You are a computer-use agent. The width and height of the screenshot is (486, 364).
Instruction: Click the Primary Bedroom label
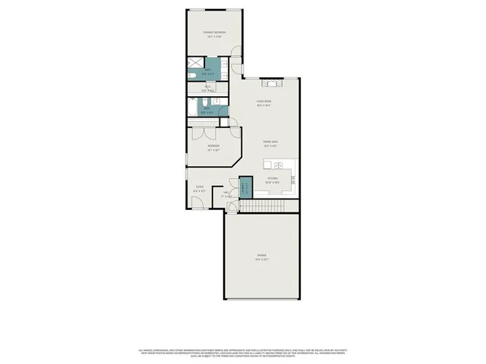(214, 33)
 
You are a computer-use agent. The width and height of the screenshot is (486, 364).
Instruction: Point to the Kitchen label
(273, 181)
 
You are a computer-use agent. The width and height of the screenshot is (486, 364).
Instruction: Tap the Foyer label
(199, 189)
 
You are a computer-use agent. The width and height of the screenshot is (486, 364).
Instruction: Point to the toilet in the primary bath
(193, 76)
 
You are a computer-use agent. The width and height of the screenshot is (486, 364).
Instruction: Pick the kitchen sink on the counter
(279, 164)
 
